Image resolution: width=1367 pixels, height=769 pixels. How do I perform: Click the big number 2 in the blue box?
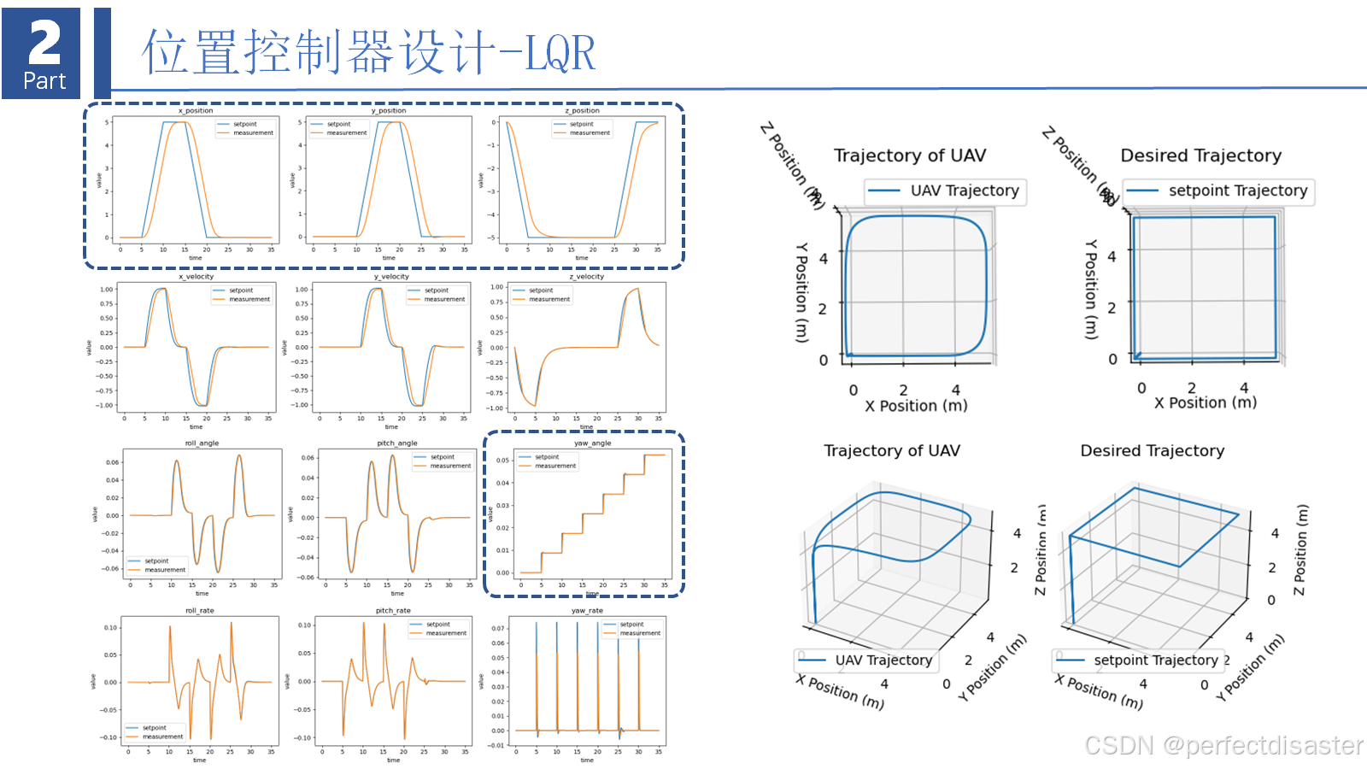pos(44,42)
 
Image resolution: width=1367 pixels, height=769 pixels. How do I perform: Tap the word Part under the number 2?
pos(44,81)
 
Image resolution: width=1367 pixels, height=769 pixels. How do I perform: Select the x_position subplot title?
pos(196,111)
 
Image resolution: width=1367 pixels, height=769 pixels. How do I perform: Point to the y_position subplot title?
pos(389,111)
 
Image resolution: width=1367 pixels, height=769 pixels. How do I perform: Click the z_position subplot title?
pos(582,111)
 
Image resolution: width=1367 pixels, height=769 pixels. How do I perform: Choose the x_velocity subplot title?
pos(196,277)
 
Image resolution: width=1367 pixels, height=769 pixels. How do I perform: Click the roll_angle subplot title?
pos(202,443)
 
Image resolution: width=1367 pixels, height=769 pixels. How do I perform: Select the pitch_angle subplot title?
pos(396,443)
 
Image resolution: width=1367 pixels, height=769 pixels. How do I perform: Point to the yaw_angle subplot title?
pos(592,443)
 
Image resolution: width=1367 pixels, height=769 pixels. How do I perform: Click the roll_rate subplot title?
pos(199,611)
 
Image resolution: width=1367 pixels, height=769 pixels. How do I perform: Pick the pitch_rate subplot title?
pos(393,611)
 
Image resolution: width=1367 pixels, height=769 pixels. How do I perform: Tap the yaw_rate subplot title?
pos(587,611)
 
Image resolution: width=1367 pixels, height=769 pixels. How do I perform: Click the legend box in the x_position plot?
pos(245,129)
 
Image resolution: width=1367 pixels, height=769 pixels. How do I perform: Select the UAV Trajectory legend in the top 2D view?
pos(946,191)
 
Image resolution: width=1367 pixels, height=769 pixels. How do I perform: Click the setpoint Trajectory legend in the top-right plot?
pos(1219,191)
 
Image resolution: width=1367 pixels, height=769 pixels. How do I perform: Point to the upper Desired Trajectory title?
pos(1200,156)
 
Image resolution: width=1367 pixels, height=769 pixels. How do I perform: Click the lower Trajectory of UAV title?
pos(891,451)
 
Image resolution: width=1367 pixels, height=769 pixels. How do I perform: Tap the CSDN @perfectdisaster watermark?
pos(1223,746)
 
